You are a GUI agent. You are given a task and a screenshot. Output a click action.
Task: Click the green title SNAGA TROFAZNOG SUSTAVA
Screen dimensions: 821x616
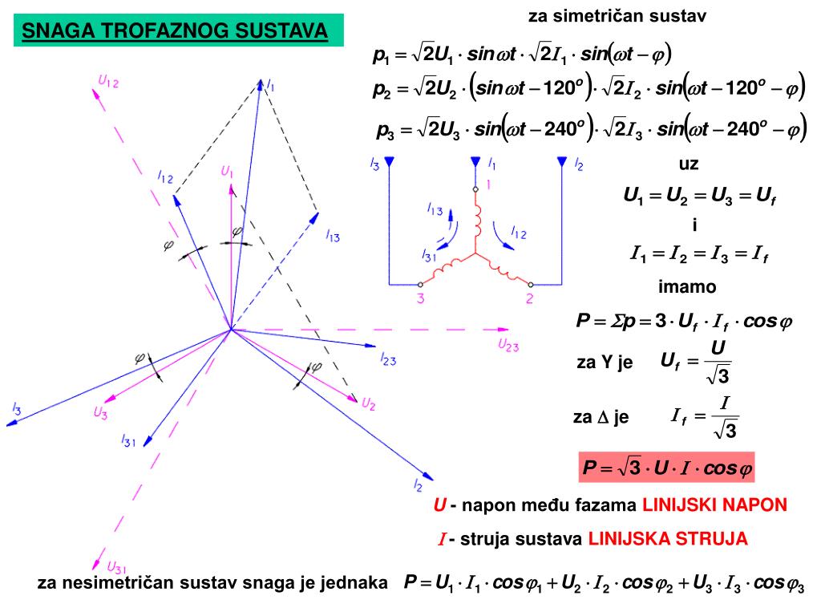(175, 30)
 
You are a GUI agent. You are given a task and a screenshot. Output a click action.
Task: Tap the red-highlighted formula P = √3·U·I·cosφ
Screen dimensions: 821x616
(666, 468)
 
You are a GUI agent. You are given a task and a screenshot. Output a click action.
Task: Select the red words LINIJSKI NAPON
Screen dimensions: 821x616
(714, 505)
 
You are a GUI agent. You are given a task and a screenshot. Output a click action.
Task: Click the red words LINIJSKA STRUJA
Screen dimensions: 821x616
(668, 538)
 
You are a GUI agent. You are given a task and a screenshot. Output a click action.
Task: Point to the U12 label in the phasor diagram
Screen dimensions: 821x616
(108, 82)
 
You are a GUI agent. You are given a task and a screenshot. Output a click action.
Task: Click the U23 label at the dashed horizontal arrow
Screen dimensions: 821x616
(508, 345)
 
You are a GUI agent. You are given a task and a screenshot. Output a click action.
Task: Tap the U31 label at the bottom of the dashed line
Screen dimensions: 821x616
(116, 567)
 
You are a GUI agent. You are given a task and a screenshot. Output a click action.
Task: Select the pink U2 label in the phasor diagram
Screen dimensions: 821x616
(369, 404)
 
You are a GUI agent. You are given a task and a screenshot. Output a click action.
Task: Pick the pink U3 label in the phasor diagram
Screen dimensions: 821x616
(100, 413)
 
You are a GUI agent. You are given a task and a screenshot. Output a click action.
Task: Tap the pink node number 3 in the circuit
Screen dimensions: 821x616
(420, 298)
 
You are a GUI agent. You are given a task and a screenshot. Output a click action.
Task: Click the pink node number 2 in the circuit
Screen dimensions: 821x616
(529, 298)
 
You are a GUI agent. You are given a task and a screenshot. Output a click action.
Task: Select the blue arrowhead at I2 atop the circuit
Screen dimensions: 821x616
(562, 161)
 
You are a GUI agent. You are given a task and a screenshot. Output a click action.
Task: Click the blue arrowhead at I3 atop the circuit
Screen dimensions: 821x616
(390, 161)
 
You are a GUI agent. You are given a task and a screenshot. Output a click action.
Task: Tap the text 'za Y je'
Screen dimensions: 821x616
(605, 362)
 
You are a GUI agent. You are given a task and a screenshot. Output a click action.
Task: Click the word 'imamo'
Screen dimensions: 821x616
(687, 286)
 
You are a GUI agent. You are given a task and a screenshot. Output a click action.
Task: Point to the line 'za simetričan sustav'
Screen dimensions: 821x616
(617, 16)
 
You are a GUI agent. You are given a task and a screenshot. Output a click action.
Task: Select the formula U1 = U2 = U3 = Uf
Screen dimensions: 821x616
(699, 196)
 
